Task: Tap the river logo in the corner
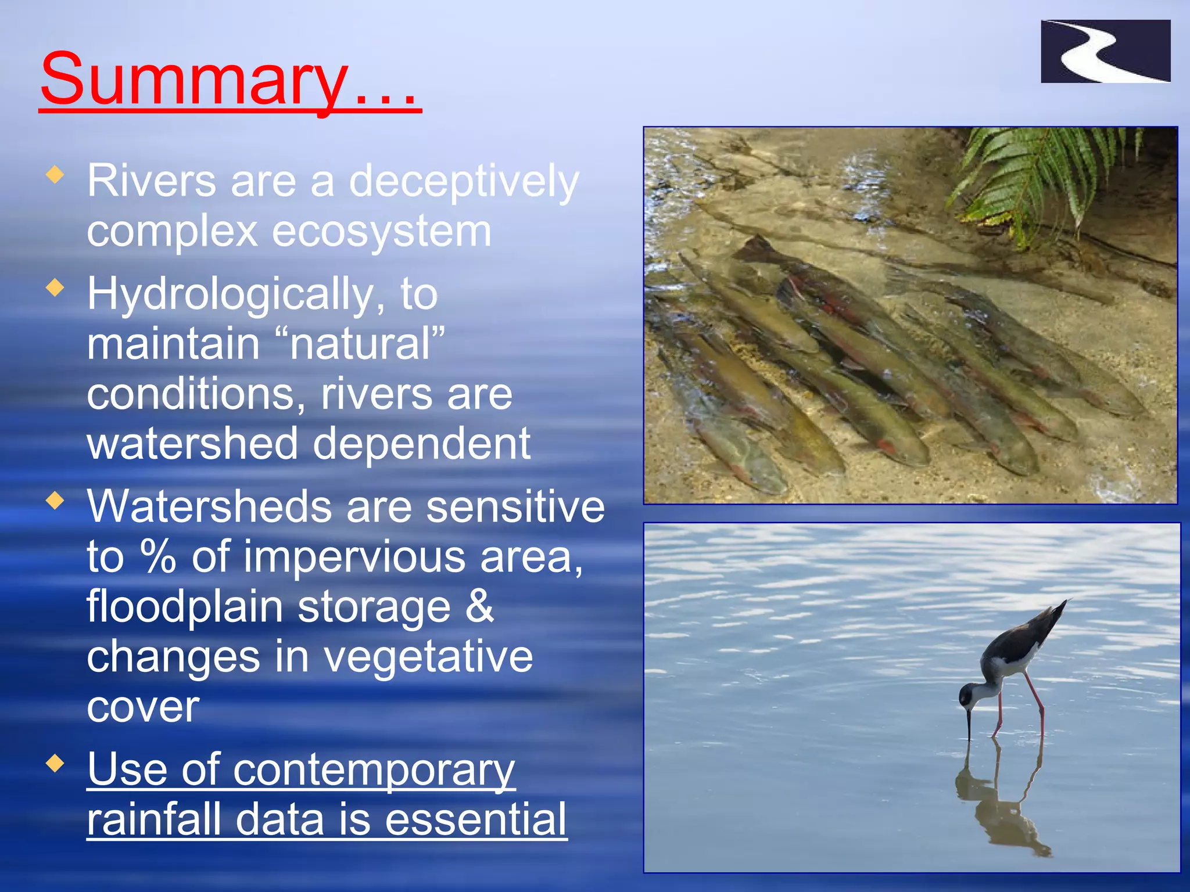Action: point(1105,51)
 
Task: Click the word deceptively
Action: point(464,182)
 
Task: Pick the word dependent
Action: point(421,444)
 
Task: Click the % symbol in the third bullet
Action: point(158,556)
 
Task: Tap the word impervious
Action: point(354,556)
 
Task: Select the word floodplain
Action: point(185,606)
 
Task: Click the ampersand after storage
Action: point(479,606)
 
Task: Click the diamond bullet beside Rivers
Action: point(55,175)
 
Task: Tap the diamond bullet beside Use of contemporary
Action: point(55,764)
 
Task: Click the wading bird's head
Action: point(969,695)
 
